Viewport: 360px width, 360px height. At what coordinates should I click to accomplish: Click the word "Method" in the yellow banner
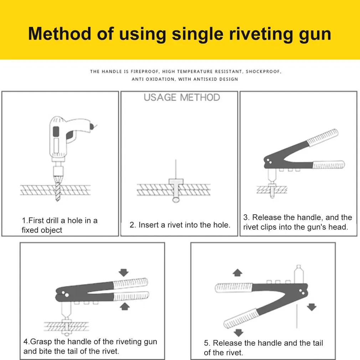[x=60, y=34]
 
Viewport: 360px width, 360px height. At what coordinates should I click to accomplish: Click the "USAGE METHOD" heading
[x=182, y=97]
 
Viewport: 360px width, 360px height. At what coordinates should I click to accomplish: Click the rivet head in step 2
[x=176, y=182]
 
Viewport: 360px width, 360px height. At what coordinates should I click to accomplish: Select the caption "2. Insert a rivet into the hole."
[x=180, y=225]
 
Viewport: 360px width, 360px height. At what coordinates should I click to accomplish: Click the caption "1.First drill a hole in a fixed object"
[x=59, y=225]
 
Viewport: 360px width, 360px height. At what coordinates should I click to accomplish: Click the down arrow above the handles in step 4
[x=124, y=273]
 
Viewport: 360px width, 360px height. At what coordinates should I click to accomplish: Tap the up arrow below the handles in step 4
[x=124, y=306]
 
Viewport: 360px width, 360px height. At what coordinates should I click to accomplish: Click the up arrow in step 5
[x=237, y=273]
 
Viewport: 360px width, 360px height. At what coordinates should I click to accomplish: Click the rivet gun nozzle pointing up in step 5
[x=299, y=274]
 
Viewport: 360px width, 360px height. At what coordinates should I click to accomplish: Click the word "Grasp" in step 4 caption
[x=41, y=342]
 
